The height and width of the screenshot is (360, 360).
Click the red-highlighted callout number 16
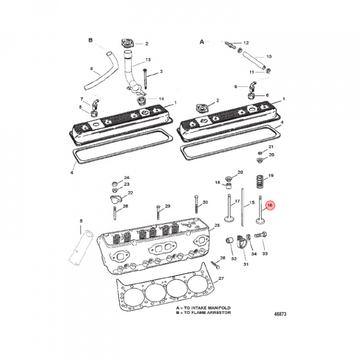(270, 205)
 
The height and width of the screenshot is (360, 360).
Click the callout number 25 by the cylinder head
(217, 225)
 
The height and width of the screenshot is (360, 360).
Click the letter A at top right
(202, 42)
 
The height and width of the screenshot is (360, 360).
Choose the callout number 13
(148, 59)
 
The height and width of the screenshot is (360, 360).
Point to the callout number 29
(168, 206)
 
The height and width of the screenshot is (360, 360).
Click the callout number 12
(245, 43)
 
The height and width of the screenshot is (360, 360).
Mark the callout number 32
(233, 258)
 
